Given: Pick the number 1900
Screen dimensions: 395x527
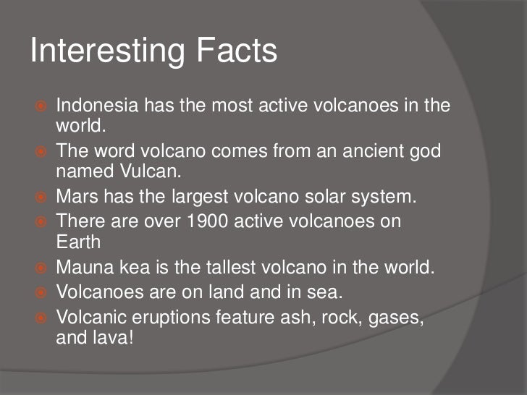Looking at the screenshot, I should (211, 221).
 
